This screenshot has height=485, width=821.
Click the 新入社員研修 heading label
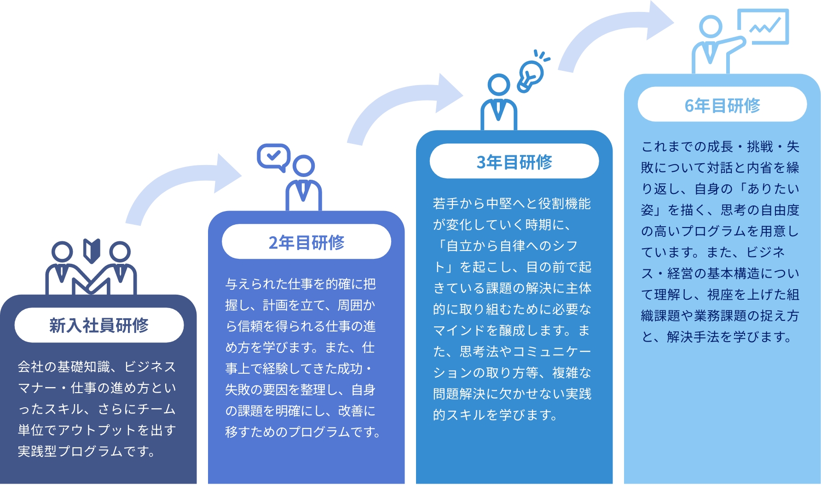pyautogui.click(x=99, y=325)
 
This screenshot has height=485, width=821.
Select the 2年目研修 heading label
pyautogui.click(x=306, y=242)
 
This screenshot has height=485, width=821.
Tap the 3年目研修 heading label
pyautogui.click(x=514, y=162)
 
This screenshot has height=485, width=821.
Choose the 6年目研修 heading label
pyautogui.click(x=722, y=105)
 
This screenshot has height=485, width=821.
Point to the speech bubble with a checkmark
pyautogui.click(x=273, y=156)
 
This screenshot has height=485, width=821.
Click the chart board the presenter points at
pyautogui.click(x=763, y=27)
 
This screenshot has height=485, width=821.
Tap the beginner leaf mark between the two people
pyautogui.click(x=92, y=251)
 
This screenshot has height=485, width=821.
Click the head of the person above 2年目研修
pyautogui.click(x=304, y=166)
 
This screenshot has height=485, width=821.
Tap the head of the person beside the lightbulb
pyautogui.click(x=498, y=85)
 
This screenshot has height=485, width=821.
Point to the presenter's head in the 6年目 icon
pyautogui.click(x=711, y=27)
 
